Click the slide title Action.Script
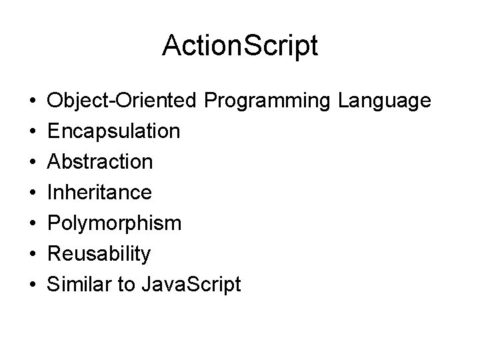[240, 47]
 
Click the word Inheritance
[99, 193]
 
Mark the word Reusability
[100, 254]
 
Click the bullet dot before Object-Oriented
[33, 102]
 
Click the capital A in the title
[171, 47]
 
